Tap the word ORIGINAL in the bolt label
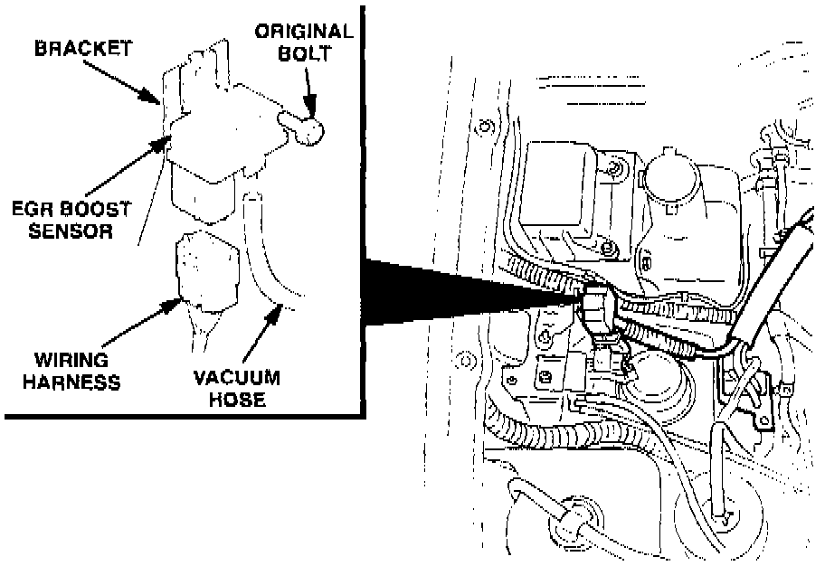(x=303, y=31)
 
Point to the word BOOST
(x=99, y=209)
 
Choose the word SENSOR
(x=71, y=231)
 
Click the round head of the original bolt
(x=309, y=132)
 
